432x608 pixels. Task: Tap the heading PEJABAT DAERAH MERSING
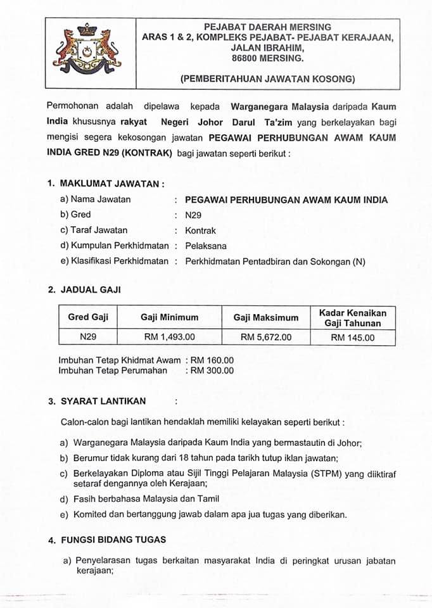pyautogui.click(x=267, y=27)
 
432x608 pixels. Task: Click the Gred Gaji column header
pyautogui.click(x=88, y=317)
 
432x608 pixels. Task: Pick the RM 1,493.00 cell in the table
pyautogui.click(x=170, y=338)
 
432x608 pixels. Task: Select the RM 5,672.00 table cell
pyautogui.click(x=266, y=338)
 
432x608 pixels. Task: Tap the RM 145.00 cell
pyautogui.click(x=353, y=338)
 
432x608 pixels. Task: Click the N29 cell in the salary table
pyautogui.click(x=88, y=338)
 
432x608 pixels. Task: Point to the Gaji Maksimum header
pyautogui.click(x=266, y=317)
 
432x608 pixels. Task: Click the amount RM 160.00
pyautogui.click(x=213, y=360)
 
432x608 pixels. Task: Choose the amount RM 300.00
pyautogui.click(x=213, y=370)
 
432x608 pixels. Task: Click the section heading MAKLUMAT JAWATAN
pyautogui.click(x=111, y=184)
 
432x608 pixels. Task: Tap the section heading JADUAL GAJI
pyautogui.click(x=91, y=289)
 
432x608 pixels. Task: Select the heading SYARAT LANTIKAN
pyautogui.click(x=103, y=401)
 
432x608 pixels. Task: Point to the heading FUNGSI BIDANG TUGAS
pyautogui.click(x=113, y=540)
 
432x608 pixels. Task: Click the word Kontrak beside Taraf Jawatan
pyautogui.click(x=200, y=231)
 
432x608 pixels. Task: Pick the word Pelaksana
pyautogui.click(x=205, y=246)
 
